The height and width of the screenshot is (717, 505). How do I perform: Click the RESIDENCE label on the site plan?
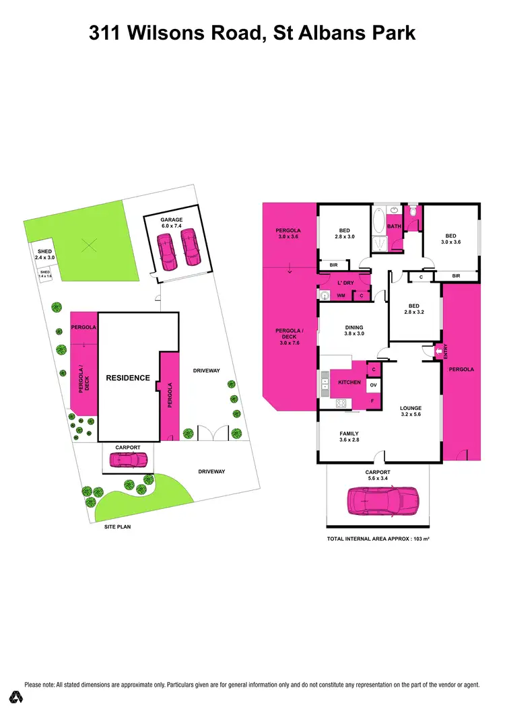click(127, 378)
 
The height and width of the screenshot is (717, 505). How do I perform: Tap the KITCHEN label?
click(349, 382)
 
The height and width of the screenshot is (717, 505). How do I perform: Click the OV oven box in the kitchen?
click(373, 384)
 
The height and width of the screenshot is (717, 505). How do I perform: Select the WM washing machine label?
click(341, 296)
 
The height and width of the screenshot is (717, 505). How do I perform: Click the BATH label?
click(395, 226)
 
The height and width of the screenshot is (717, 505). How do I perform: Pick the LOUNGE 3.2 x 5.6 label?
click(410, 411)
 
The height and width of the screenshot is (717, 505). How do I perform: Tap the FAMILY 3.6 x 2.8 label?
click(349, 437)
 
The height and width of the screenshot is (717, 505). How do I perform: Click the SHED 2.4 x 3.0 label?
click(44, 254)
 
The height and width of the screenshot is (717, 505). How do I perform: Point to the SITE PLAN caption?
click(117, 526)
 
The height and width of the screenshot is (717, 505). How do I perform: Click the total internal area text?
click(378, 540)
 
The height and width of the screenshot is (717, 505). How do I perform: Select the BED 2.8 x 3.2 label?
click(414, 309)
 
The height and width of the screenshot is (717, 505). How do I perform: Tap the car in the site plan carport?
click(129, 460)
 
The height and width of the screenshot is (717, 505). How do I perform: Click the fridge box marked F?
click(372, 401)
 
